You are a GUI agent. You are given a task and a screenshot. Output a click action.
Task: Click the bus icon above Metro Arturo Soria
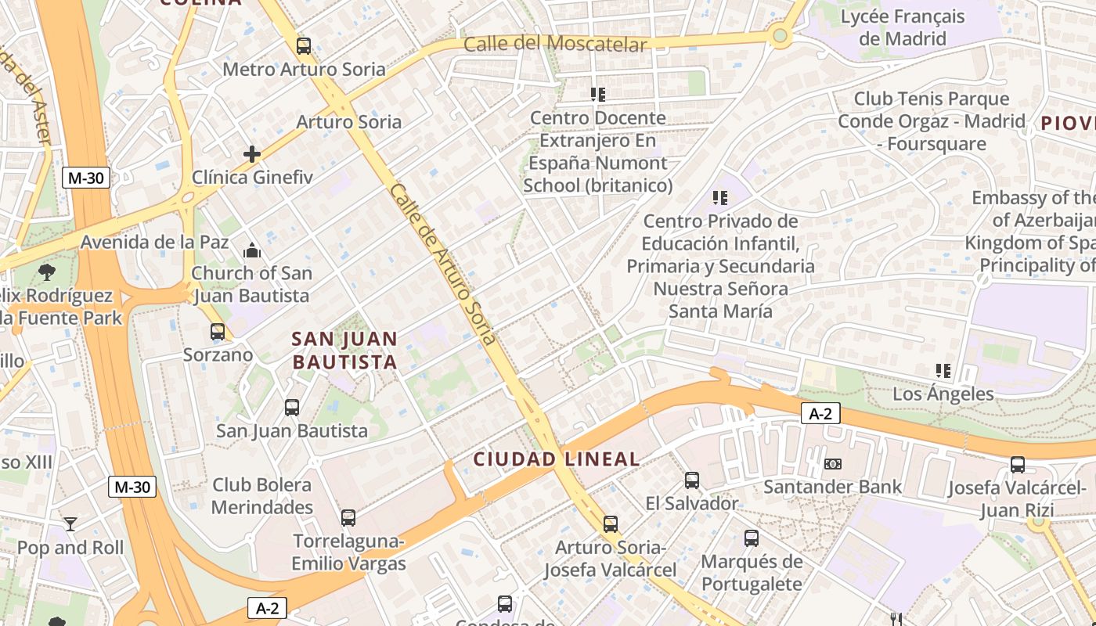304,46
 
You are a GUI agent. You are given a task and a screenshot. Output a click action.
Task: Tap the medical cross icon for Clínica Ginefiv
251,154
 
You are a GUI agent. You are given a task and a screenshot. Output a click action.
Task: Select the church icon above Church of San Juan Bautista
251,250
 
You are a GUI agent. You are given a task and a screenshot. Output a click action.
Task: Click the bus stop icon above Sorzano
218,332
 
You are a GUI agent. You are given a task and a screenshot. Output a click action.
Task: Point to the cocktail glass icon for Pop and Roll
70,524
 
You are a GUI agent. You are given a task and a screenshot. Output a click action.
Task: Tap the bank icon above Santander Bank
833,464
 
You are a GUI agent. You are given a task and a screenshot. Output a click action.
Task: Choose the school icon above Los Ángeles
943,371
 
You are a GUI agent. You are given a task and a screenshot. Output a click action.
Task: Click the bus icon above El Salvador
692,480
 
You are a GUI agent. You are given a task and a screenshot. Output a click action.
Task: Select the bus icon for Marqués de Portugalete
752,538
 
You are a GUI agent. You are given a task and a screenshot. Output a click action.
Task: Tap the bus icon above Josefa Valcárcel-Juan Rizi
1018,465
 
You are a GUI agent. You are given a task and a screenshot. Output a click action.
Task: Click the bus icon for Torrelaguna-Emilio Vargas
348,518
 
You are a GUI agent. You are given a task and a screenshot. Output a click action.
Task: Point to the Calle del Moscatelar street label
556,44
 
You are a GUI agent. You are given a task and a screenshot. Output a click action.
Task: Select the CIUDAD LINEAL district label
557,459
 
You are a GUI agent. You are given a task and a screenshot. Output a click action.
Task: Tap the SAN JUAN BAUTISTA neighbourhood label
344,351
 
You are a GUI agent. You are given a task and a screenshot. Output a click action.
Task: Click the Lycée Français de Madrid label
903,27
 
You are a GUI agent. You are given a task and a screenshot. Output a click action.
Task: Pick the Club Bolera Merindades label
262,496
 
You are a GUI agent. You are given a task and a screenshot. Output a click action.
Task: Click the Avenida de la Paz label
155,242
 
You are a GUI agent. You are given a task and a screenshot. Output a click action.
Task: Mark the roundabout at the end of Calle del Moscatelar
779,35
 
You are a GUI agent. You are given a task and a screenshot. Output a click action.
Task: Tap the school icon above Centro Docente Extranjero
598,95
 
